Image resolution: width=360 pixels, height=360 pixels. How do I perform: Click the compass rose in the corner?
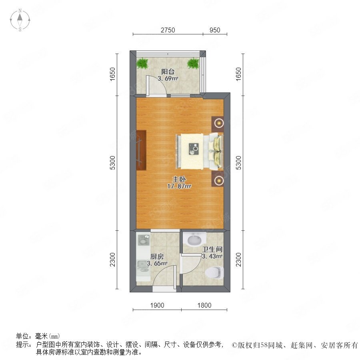coord(20,20)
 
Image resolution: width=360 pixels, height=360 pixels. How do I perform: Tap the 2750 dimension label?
coord(168,30)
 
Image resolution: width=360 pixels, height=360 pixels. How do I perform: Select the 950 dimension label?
coord(215,30)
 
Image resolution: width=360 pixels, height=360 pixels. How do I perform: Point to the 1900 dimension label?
coord(157,305)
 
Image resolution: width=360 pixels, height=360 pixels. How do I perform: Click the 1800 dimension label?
coord(204,305)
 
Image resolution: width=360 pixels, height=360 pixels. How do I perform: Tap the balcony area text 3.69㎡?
coord(168,78)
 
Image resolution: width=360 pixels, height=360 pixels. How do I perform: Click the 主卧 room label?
coord(179,179)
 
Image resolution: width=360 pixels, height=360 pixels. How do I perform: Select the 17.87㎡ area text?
coord(179,186)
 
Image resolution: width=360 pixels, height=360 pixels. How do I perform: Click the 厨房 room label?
coord(157,256)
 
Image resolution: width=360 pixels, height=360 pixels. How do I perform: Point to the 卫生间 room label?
coord(212,249)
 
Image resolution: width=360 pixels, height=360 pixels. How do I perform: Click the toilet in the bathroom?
coord(214,273)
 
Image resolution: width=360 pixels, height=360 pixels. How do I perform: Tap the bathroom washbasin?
coord(195,240)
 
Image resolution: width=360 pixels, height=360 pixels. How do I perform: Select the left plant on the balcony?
coord(142,63)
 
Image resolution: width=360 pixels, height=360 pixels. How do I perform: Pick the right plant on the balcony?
coord(193,63)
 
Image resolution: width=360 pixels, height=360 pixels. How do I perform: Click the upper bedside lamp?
coord(219,123)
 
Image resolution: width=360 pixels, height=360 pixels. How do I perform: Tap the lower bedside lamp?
coord(219,181)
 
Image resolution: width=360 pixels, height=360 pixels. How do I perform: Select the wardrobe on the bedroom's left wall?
coord(141,150)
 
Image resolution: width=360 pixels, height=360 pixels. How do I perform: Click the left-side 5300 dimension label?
coord(112,162)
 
